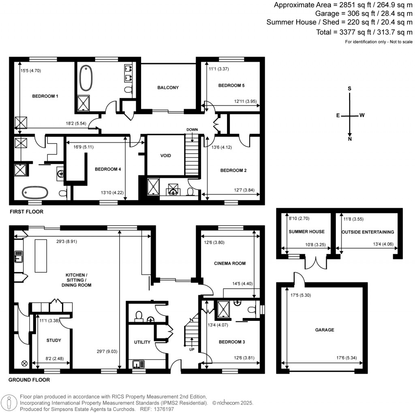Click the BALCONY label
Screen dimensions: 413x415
tap(168, 88)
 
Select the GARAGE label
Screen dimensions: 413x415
tap(325, 330)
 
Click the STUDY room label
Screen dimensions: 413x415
tap(53, 340)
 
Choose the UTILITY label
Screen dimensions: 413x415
tap(142, 342)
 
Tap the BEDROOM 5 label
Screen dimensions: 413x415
tap(231, 86)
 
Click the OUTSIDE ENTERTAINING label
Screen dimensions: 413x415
tap(368, 232)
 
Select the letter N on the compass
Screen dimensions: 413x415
tap(350, 139)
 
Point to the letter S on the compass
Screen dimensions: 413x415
tap(350, 89)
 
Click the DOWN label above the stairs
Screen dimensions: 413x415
tap(192, 129)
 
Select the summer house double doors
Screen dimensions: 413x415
tap(316, 263)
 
